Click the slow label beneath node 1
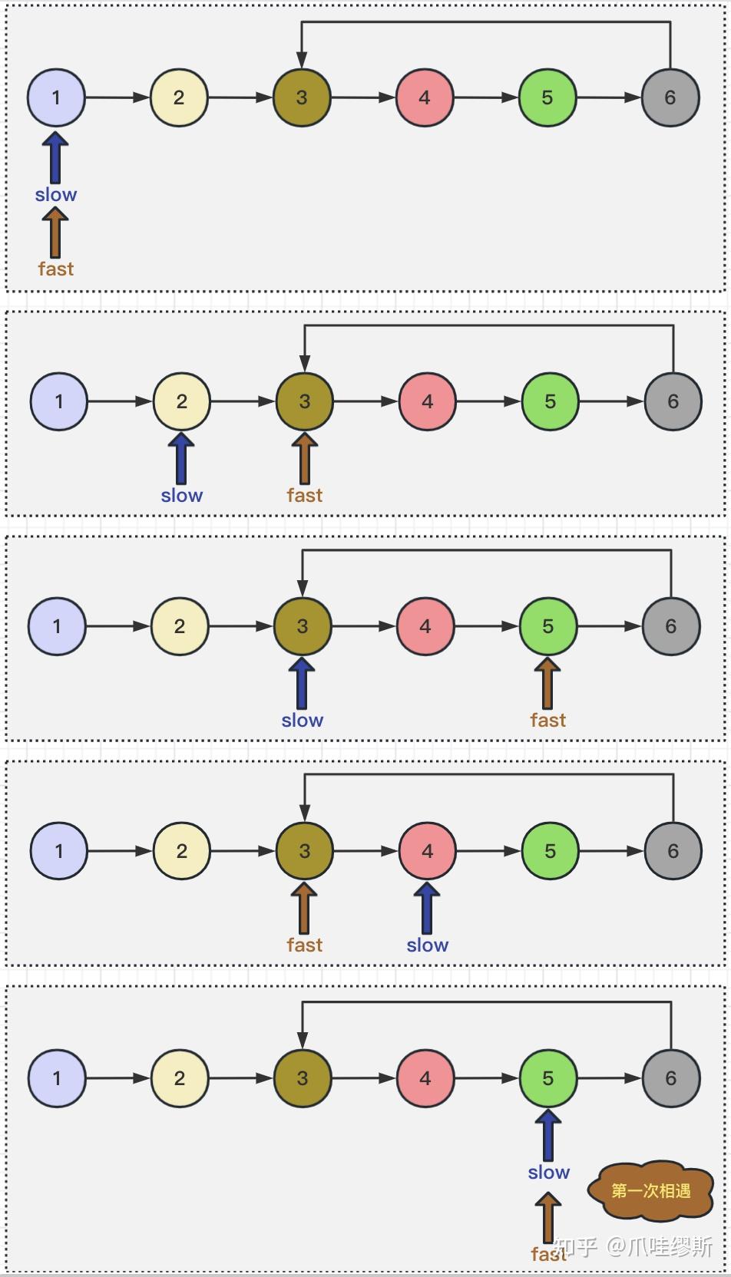56,195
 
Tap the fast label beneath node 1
56,269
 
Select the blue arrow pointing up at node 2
181,457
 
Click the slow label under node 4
428,945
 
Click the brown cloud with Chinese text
650,1190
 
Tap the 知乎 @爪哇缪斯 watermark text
634,1246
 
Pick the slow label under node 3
303,720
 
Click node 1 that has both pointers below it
56,97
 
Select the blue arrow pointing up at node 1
55,157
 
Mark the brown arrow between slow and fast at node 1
55,232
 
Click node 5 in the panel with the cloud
547,1078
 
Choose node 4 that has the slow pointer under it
428,851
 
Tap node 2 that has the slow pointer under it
182,401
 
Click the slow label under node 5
548,1172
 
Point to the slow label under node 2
182,495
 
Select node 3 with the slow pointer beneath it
303,626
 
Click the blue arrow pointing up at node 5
547,1135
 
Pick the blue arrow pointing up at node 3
302,683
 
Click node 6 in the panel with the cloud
670,1078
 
